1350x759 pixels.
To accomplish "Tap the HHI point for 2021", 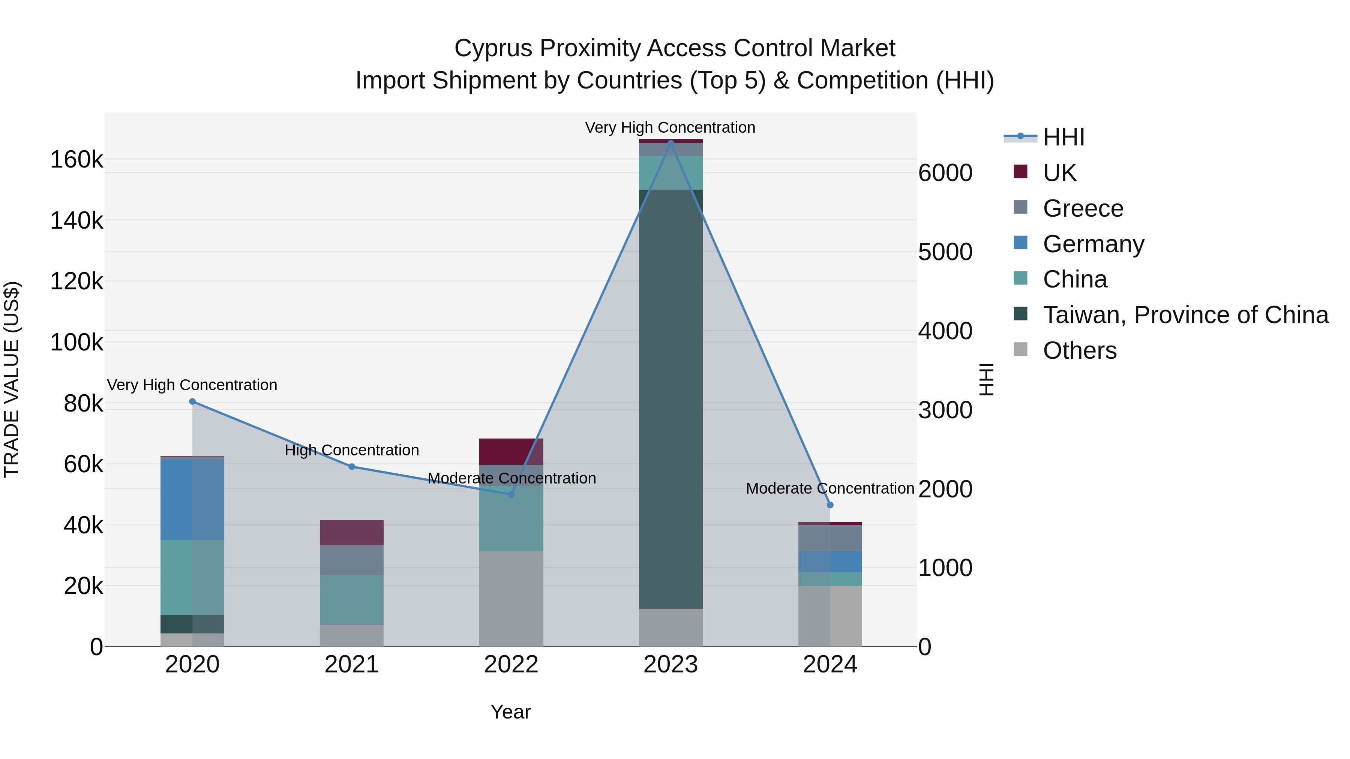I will [x=352, y=467].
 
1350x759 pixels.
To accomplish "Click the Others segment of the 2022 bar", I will [x=511, y=598].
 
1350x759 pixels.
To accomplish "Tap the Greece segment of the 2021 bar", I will [x=352, y=560].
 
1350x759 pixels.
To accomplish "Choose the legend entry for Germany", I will [x=1093, y=244].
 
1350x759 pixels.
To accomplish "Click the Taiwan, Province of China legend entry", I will [x=1185, y=315].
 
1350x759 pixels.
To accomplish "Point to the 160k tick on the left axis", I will [x=76, y=160].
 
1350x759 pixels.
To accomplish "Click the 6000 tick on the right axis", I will [x=945, y=173].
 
